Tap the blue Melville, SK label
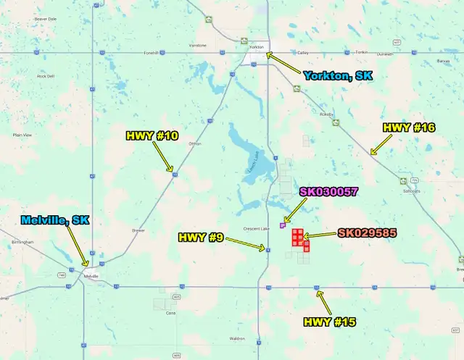click(x=55, y=220)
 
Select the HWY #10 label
click(x=152, y=135)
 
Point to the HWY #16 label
click(x=408, y=127)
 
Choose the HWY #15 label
click(x=329, y=321)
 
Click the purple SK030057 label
click(x=328, y=191)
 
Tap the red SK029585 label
click(x=366, y=233)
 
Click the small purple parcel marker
click(x=282, y=226)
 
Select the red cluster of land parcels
click(x=301, y=239)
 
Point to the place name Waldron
click(x=237, y=338)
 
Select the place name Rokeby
click(x=326, y=114)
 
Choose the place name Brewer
click(x=138, y=230)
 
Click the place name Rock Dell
click(x=46, y=76)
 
